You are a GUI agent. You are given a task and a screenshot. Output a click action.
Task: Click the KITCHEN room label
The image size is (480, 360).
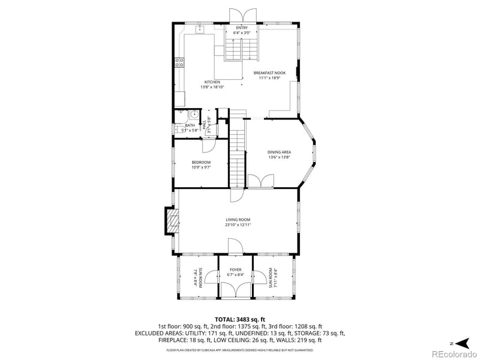(212, 82)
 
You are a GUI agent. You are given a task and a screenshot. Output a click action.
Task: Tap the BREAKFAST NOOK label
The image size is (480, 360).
(272, 73)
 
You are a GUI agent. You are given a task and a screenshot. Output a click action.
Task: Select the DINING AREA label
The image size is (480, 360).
(279, 152)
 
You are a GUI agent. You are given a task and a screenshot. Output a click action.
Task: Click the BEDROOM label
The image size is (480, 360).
(201, 163)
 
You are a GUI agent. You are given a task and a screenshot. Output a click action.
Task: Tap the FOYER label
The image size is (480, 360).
(235, 270)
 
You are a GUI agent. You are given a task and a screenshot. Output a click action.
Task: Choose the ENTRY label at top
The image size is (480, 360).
(242, 28)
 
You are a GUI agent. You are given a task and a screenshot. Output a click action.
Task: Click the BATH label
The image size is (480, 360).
(190, 125)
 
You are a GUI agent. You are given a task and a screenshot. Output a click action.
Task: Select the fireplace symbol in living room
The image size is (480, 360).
(173, 221)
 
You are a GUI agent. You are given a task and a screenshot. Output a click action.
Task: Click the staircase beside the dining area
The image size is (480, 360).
(238, 150)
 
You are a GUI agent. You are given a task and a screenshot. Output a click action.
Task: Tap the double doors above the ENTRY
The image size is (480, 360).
(242, 15)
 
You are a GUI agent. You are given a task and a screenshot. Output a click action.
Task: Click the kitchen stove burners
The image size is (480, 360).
(179, 62)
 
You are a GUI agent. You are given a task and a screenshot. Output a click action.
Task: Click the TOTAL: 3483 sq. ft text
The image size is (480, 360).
(240, 320)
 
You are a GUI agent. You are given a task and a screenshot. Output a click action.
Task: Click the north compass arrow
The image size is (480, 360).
(461, 343)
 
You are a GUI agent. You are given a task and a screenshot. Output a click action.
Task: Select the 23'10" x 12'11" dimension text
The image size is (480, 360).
(238, 225)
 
